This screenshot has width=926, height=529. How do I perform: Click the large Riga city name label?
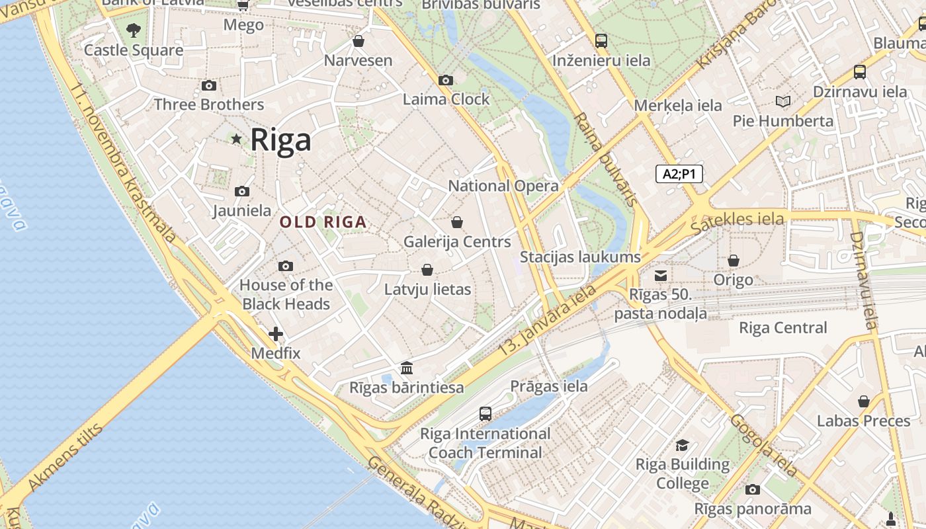point(280,140)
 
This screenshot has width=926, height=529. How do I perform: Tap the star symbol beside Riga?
point(236,139)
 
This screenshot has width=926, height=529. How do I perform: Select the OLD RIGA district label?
point(323,222)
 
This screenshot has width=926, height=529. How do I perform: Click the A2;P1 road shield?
point(679,174)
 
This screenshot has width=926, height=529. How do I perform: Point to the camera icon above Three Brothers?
point(209,85)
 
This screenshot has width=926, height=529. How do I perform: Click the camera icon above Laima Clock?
point(446,80)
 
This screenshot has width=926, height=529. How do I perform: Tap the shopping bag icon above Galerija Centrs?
point(457,222)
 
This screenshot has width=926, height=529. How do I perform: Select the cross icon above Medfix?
point(276,334)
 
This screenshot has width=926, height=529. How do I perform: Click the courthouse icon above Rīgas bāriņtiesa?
point(407,368)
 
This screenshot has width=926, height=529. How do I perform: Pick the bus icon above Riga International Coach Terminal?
point(485,414)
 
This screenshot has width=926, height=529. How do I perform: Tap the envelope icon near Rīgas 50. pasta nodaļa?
point(661,276)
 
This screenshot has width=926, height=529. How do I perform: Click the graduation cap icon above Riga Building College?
point(682,445)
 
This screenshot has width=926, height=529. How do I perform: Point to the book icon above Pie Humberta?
point(783,101)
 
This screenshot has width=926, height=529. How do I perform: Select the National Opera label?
point(503,186)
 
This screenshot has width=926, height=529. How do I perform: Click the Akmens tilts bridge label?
point(65,457)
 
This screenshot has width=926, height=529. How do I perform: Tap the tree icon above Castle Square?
point(134,30)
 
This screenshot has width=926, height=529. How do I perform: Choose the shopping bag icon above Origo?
point(733,261)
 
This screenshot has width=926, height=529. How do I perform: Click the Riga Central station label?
point(782,327)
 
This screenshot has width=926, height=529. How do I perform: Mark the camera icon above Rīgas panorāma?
point(752,489)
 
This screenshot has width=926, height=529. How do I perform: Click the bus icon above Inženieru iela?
point(601,40)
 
